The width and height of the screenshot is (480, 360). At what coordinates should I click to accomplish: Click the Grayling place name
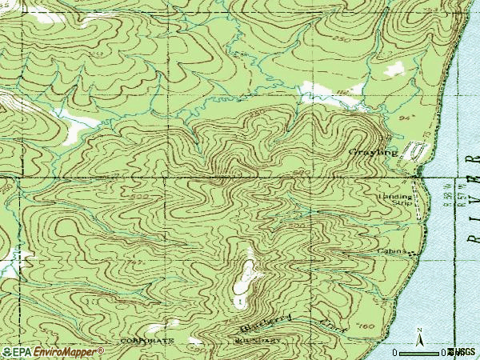(372, 151)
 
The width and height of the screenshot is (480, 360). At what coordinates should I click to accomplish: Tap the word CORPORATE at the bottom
(146, 340)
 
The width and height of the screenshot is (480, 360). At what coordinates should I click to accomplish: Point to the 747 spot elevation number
(135, 262)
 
